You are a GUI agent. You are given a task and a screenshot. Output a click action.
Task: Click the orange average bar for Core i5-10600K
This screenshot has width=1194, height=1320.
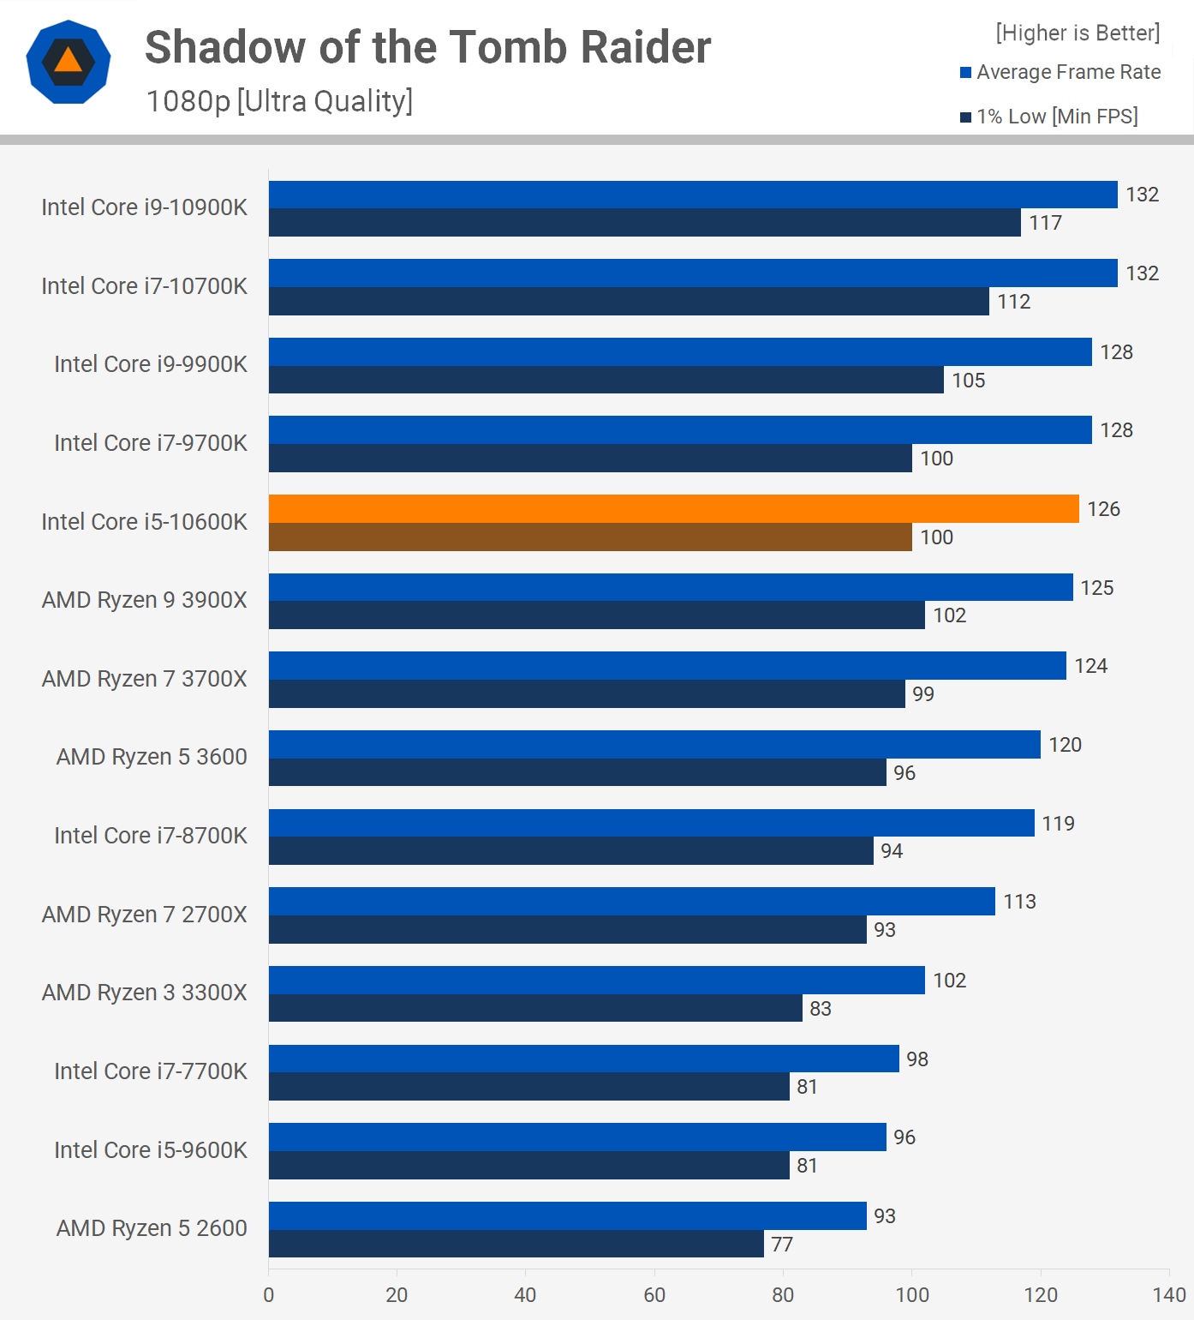click(673, 509)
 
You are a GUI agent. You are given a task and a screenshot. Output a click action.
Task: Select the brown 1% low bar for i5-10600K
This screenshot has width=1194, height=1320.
click(590, 537)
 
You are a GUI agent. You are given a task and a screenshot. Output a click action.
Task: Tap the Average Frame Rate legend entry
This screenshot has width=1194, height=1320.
click(1060, 72)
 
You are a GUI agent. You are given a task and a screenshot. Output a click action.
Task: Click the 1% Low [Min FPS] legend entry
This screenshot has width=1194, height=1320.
click(1049, 117)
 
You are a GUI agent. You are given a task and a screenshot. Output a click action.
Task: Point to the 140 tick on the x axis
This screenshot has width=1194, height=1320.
click(1169, 1294)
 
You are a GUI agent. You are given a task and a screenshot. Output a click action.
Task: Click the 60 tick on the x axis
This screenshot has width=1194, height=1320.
click(654, 1294)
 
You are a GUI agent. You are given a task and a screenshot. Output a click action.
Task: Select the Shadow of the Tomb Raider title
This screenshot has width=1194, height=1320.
click(427, 47)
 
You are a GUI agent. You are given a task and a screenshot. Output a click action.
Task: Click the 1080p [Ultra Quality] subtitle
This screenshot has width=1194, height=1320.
click(279, 101)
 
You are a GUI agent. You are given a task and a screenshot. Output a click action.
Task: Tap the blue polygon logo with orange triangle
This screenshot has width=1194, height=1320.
click(69, 62)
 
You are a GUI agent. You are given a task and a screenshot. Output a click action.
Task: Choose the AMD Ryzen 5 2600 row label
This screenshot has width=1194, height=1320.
click(152, 1228)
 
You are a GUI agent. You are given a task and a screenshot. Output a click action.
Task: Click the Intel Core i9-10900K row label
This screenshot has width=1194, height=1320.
click(144, 207)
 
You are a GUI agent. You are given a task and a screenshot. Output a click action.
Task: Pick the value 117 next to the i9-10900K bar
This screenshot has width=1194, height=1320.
click(1045, 223)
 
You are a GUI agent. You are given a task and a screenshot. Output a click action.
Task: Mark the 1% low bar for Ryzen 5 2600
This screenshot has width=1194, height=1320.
click(516, 1244)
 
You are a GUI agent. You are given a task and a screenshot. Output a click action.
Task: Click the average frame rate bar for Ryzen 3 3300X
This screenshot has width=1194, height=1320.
click(596, 980)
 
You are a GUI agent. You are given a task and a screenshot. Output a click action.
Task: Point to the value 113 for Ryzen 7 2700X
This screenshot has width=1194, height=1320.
click(1019, 902)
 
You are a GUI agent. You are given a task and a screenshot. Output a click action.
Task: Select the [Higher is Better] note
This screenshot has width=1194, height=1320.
click(1078, 33)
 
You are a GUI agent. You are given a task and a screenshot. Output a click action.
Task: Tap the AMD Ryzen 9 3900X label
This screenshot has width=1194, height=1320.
click(144, 600)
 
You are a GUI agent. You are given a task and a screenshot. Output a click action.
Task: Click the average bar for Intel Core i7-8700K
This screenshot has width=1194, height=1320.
click(651, 823)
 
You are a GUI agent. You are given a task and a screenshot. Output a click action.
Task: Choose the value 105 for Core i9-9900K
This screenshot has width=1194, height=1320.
click(968, 381)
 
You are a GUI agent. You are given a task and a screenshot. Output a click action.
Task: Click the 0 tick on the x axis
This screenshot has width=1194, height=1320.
click(269, 1294)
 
